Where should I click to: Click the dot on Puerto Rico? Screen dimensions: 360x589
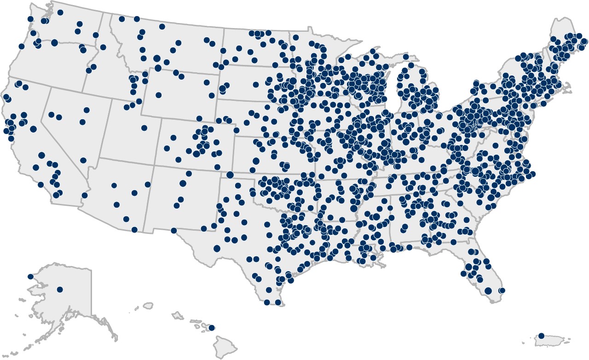tap(541, 336)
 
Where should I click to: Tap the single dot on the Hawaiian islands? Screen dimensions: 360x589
tap(212, 328)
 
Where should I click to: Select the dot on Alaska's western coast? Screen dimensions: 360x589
tap(30, 277)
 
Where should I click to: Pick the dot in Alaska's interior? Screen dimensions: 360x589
tap(59, 290)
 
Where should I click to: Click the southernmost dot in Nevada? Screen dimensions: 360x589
tap(83, 160)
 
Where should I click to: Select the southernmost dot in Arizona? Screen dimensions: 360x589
tap(134, 229)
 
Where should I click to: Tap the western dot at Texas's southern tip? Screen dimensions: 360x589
tap(267, 302)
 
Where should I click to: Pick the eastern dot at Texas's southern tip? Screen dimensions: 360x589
tap(277, 302)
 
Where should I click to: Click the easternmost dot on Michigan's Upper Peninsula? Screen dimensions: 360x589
tap(406, 57)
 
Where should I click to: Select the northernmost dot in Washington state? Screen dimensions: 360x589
tap(60, 12)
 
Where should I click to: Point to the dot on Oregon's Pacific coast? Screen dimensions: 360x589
tap(21, 46)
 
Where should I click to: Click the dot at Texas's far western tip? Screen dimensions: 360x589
tap(173, 230)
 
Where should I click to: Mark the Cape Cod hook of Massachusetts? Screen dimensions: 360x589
tap(567, 85)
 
